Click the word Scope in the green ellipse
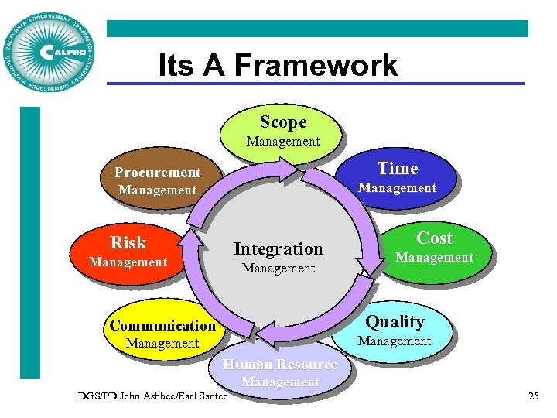(x=283, y=122)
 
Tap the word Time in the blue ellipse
(x=397, y=169)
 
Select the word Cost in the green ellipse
(x=434, y=238)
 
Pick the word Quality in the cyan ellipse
(x=395, y=321)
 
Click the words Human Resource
(x=280, y=365)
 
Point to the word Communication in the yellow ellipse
(x=162, y=325)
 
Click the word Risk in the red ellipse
(x=128, y=243)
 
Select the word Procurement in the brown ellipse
(x=157, y=173)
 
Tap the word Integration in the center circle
(x=278, y=249)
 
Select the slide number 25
(x=533, y=396)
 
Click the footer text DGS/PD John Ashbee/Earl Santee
(x=153, y=396)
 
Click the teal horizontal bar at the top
(x=317, y=29)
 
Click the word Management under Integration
(x=278, y=269)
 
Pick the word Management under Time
(x=397, y=188)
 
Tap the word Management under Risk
(x=128, y=262)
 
